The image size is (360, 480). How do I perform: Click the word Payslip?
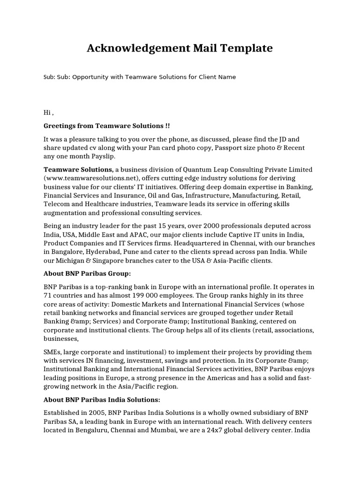coord(101,156)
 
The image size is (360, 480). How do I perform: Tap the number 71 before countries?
coord(47,295)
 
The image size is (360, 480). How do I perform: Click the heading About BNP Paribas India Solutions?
coord(102,399)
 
